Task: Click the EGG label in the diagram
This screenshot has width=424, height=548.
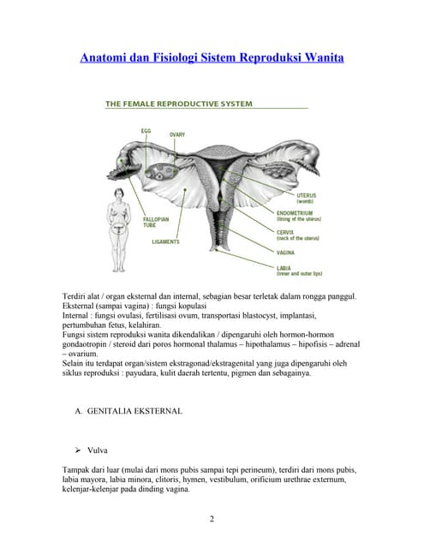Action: pos(146,130)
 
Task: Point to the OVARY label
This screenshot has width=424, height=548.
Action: pos(176,134)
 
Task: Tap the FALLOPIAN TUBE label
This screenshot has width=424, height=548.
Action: pos(156,222)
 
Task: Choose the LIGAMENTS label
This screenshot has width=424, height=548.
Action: pos(165,241)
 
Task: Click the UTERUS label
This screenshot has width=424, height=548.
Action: pos(306,196)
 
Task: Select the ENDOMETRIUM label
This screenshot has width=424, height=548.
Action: pos(296,212)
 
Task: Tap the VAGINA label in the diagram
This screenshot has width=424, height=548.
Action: pos(286,253)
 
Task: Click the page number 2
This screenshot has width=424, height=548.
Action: pos(211,518)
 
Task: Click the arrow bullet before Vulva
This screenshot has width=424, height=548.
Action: pos(79,449)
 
